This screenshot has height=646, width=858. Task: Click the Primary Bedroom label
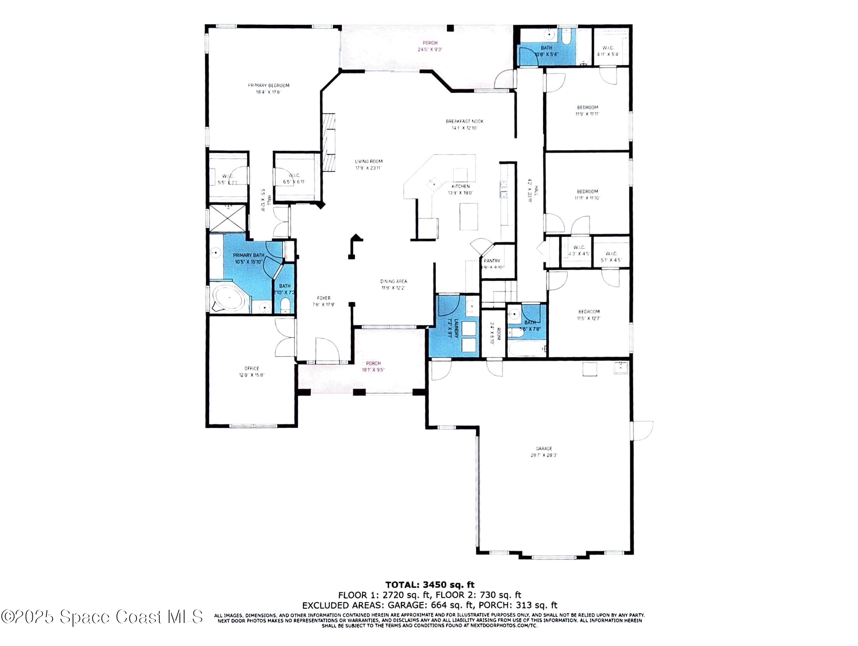(x=269, y=85)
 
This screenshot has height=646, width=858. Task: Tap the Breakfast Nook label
(x=464, y=121)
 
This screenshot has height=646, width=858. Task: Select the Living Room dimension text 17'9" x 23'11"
(x=368, y=168)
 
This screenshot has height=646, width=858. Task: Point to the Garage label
(x=544, y=449)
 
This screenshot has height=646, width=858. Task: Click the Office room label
(x=252, y=368)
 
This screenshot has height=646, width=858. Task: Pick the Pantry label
(x=492, y=261)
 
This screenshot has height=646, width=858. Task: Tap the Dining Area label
(x=394, y=281)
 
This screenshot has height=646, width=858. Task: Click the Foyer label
(x=324, y=298)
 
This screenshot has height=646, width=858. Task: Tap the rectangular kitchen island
(x=468, y=217)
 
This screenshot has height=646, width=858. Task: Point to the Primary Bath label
(x=248, y=255)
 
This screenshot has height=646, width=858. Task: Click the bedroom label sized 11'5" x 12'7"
(x=589, y=315)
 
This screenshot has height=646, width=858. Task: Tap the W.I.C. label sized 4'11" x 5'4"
(x=608, y=51)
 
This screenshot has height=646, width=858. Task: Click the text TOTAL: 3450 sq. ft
(x=430, y=585)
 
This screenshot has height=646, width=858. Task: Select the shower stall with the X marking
(x=228, y=219)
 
